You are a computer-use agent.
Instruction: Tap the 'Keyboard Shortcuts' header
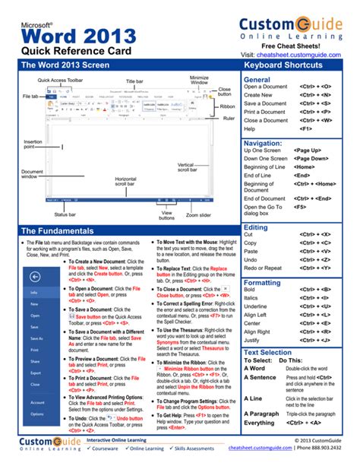(x=284, y=65)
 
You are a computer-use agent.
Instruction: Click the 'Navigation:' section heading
(x=263, y=142)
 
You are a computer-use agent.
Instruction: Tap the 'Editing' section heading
(x=255, y=227)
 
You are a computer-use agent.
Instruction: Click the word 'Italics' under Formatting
(x=252, y=298)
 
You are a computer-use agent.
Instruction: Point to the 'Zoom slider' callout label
(x=198, y=214)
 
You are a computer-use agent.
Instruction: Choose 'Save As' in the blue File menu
(x=36, y=338)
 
